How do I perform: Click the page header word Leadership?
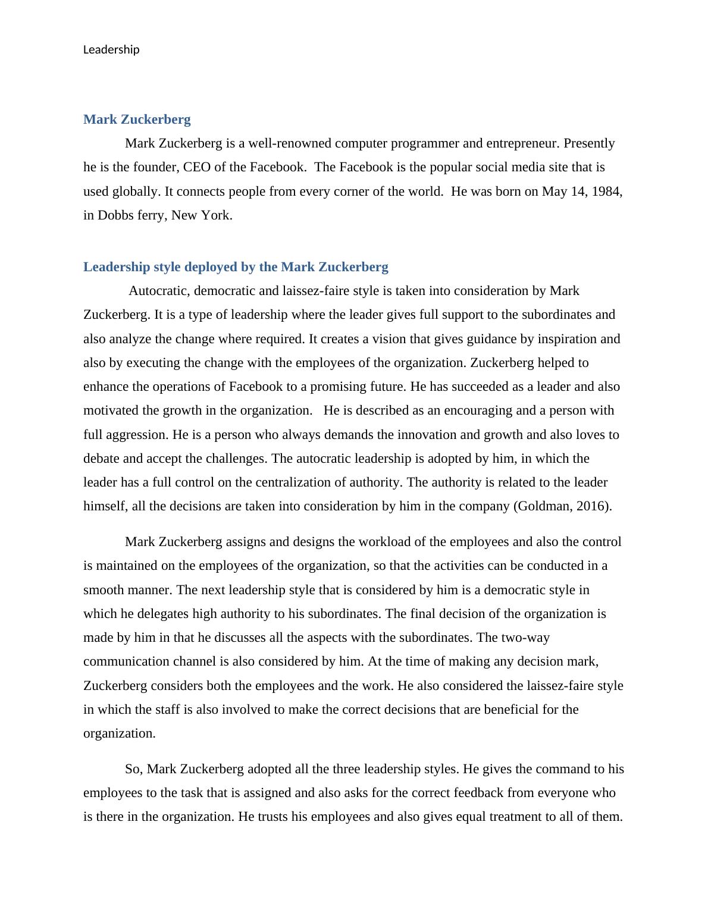[111, 50]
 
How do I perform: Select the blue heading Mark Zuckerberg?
[137, 120]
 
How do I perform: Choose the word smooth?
[106, 590]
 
